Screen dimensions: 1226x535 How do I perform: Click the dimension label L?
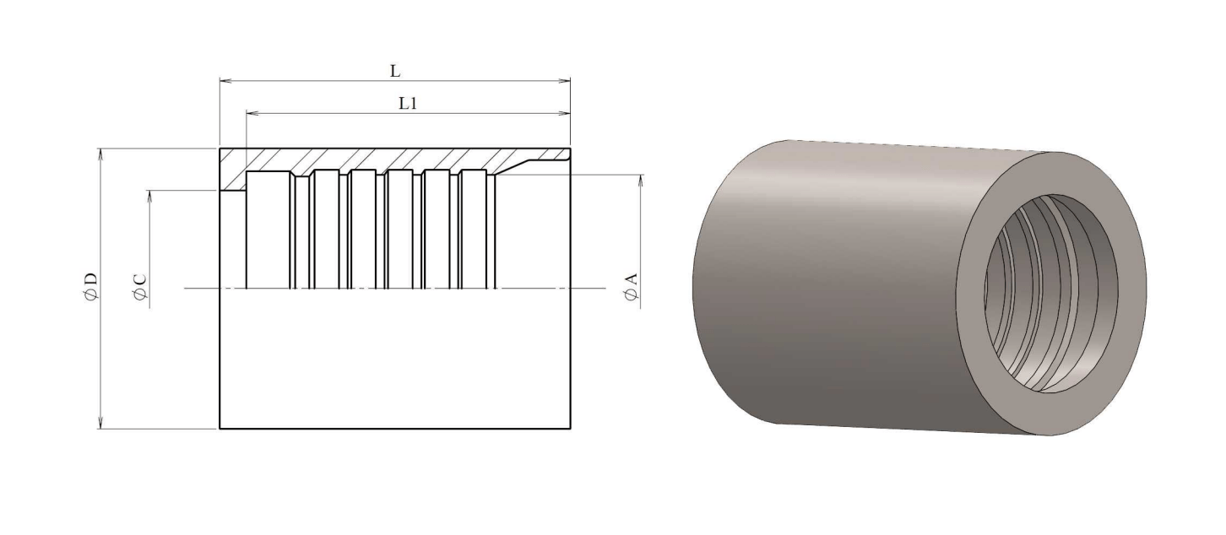tap(394, 71)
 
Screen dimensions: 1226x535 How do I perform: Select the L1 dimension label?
tap(408, 104)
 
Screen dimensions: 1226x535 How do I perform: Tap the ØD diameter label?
tap(91, 286)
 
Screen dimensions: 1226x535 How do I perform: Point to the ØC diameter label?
tap(139, 286)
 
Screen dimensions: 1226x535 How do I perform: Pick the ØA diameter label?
tap(631, 286)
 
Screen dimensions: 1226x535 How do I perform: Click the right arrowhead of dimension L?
tap(564, 81)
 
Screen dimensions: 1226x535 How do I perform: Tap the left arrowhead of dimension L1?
tap(252, 113)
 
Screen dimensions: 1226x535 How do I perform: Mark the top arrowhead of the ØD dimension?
tap(100, 154)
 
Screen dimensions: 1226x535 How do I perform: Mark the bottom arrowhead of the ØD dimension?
tap(100, 422)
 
